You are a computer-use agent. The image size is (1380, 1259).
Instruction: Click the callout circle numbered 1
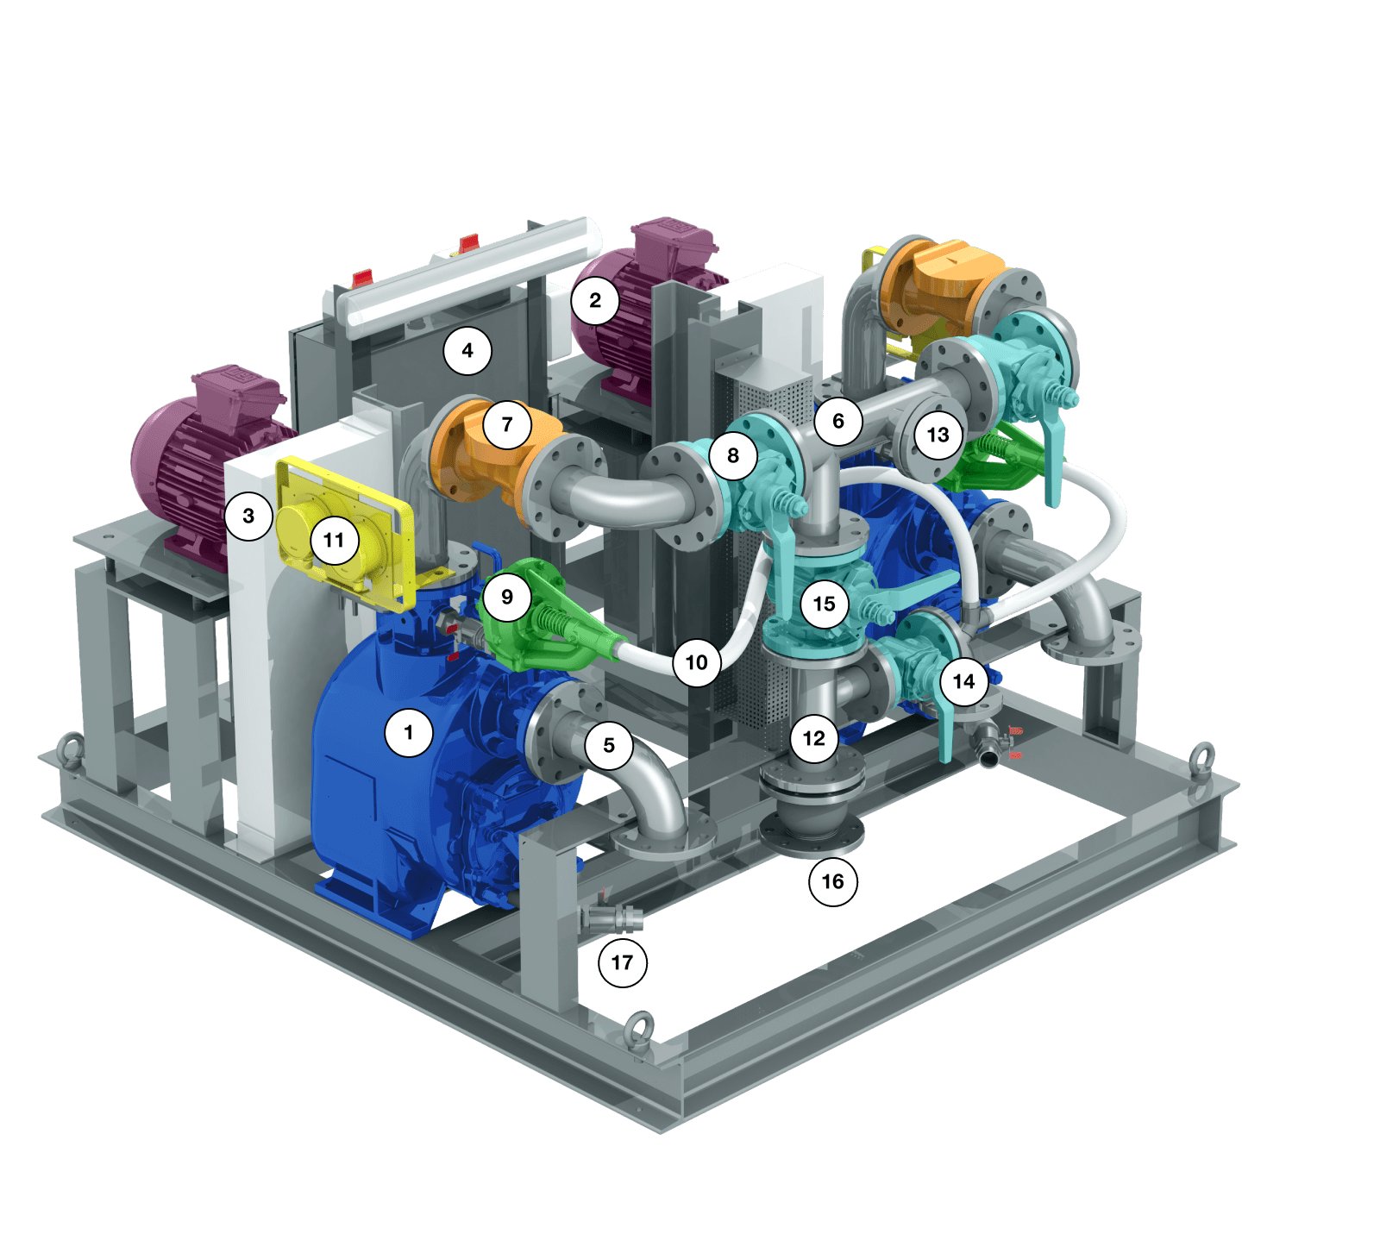pyautogui.click(x=409, y=732)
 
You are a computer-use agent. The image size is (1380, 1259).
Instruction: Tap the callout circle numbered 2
pyautogui.click(x=595, y=300)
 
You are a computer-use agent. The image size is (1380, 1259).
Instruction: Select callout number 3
pyautogui.click(x=248, y=516)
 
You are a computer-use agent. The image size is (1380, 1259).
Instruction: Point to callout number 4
pyautogui.click(x=467, y=350)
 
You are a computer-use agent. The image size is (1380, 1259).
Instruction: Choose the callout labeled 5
pyautogui.click(x=609, y=744)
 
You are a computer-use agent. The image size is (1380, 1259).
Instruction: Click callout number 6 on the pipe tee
pyautogui.click(x=837, y=421)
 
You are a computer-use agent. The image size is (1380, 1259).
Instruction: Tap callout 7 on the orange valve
pyautogui.click(x=507, y=423)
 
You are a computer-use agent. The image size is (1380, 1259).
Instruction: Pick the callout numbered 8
pyautogui.click(x=733, y=454)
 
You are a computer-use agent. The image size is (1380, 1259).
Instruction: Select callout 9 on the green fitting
pyautogui.click(x=507, y=597)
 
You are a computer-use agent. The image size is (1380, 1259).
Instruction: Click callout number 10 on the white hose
pyautogui.click(x=697, y=662)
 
